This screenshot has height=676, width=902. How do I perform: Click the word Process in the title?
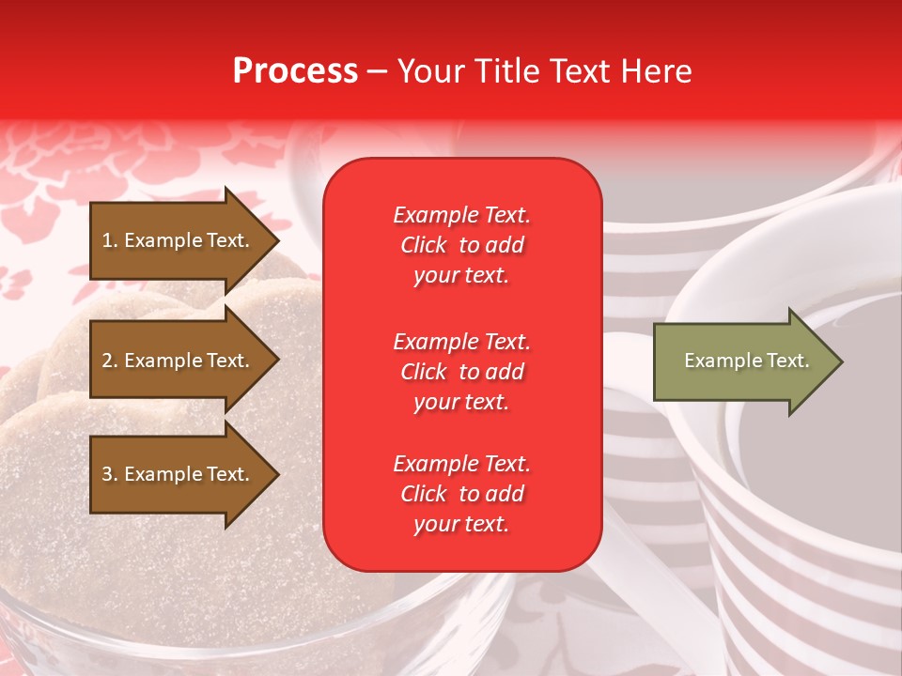[295, 71]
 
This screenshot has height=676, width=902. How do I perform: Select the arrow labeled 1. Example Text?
[179, 240]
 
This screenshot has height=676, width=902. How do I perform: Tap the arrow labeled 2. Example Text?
[179, 361]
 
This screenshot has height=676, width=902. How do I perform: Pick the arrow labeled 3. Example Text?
[179, 474]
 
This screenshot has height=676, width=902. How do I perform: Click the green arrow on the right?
[742, 361]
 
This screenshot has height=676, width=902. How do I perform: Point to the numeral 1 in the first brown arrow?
[106, 240]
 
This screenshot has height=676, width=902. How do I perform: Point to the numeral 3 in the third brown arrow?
[106, 474]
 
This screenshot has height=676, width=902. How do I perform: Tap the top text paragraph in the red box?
[461, 245]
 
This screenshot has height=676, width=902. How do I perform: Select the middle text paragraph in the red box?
[461, 372]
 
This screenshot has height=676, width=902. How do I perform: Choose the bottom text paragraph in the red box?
[461, 494]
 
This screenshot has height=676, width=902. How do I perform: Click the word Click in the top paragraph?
[424, 245]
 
